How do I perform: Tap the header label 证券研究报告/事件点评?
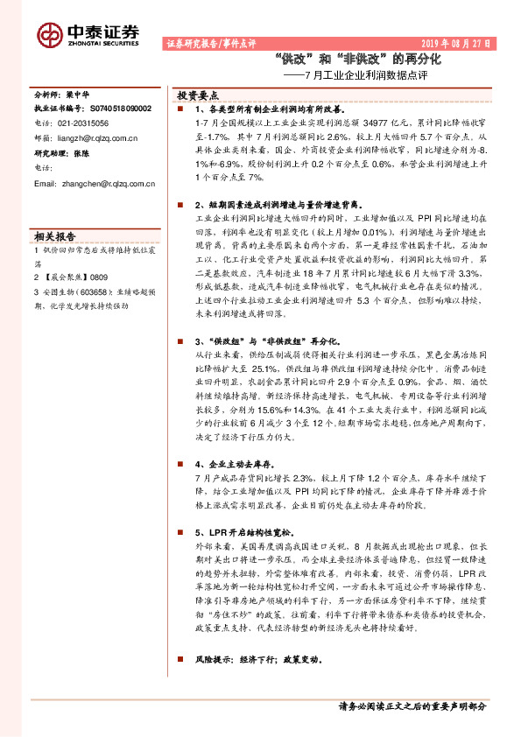[x=210, y=42]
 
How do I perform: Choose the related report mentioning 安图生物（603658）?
[x=81, y=299]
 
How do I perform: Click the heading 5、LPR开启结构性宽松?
[x=251, y=531]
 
